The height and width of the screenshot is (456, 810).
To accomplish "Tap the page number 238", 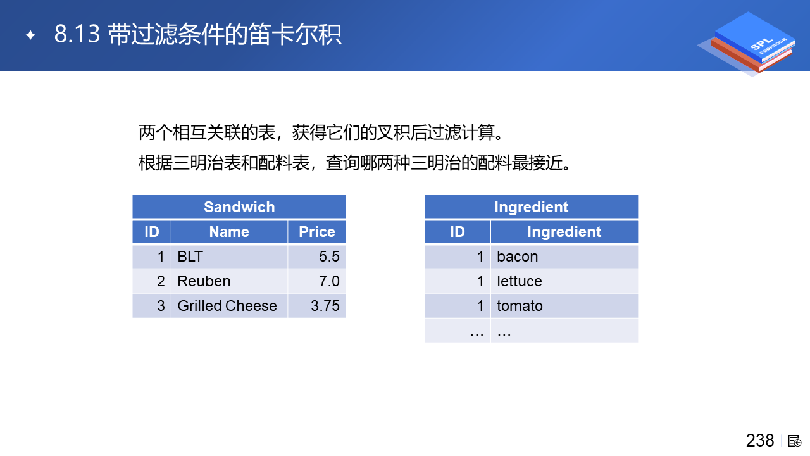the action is click(760, 440).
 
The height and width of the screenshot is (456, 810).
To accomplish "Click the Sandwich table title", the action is click(239, 207).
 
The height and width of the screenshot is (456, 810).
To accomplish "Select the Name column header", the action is click(229, 232).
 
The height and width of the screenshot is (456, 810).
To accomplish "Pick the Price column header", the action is click(317, 232).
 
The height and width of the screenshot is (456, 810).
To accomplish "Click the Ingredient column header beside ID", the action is click(564, 232).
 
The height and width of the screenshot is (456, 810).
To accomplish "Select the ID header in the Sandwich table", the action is click(152, 232).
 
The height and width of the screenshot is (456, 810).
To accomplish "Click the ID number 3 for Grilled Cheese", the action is click(161, 306).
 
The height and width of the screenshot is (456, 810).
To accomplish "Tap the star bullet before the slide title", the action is click(30, 35).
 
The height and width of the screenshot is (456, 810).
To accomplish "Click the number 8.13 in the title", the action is click(77, 34).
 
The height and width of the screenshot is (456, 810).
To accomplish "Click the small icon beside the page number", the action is click(794, 441).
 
